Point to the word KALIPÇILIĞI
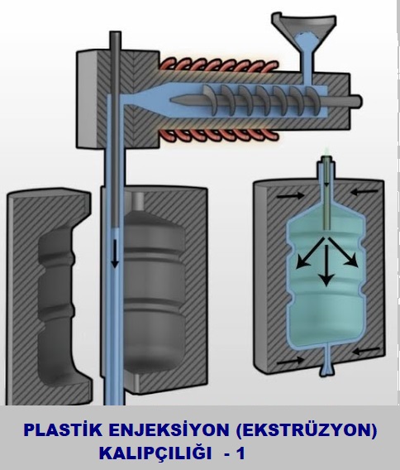(155, 453)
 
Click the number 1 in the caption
(240, 453)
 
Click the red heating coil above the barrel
(218, 66)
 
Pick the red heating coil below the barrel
(218, 135)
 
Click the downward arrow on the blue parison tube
(115, 253)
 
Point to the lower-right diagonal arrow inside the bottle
(343, 252)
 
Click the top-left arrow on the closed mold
(290, 196)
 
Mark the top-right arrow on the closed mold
(364, 191)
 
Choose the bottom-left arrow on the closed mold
(290, 361)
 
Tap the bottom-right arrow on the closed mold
(366, 351)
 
